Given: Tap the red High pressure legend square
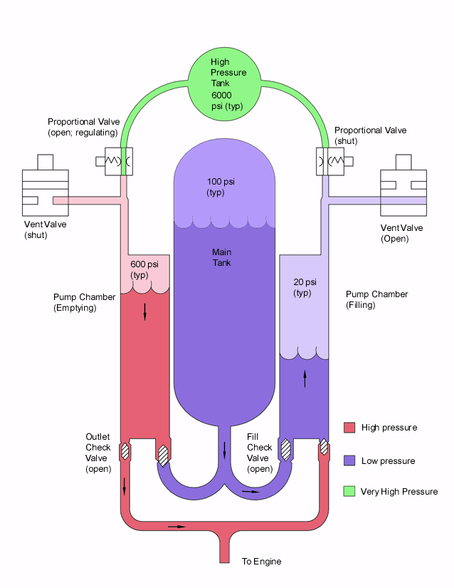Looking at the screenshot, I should click(349, 428).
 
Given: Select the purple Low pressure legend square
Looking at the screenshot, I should click(349, 460).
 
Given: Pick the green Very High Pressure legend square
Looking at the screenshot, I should click(349, 491).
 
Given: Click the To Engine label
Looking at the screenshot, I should click(261, 562).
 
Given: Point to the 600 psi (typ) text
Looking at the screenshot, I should click(144, 269).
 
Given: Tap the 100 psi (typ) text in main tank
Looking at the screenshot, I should click(221, 187).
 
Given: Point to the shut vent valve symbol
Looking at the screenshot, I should click(45, 188).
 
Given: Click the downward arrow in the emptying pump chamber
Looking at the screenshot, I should click(144, 311).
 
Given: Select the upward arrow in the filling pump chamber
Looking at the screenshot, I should click(305, 378).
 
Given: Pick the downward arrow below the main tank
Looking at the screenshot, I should click(225, 450).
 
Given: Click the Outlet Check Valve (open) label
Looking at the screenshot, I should click(99, 453).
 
